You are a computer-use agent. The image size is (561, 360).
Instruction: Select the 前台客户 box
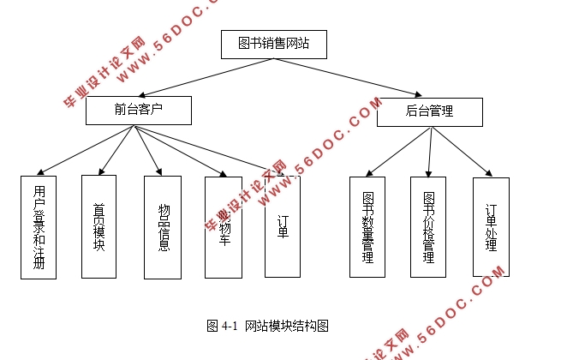point(138,111)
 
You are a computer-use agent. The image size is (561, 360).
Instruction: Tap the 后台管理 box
point(429,111)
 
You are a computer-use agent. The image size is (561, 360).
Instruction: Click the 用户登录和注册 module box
point(39,227)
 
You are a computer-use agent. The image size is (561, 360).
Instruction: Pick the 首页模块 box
point(98,227)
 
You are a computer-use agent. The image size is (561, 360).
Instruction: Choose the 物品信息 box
point(163,227)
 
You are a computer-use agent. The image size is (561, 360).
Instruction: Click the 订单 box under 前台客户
point(283,227)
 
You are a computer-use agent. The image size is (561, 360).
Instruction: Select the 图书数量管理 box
point(367,227)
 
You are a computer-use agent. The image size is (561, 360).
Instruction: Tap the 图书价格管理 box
point(428,227)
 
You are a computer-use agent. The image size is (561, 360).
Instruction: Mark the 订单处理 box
point(491,227)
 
